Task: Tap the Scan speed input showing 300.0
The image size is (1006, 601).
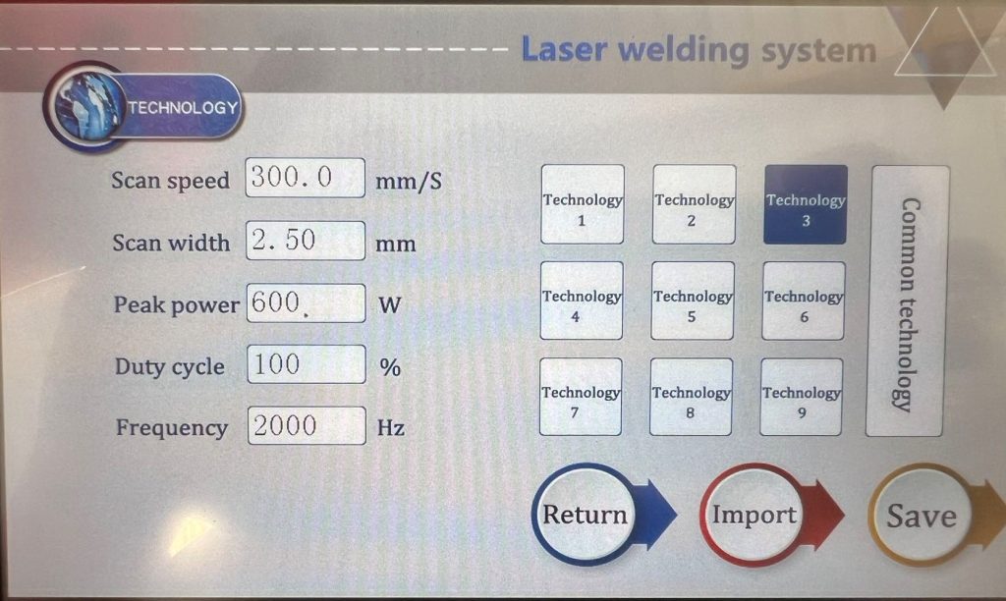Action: coord(305,178)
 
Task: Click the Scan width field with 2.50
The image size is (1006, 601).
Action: coord(306,241)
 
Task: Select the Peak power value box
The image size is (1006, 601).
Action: coord(307,302)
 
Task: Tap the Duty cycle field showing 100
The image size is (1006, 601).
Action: coord(307,364)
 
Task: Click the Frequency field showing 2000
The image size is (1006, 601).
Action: coord(307,425)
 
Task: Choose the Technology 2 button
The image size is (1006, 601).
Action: coord(694,204)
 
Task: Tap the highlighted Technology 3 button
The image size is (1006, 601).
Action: coord(806,204)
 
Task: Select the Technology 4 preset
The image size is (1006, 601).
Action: coord(582,300)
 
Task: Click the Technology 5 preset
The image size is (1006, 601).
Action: coord(693,300)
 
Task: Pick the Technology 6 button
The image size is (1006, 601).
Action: coord(804,300)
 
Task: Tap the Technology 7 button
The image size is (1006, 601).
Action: coord(580,397)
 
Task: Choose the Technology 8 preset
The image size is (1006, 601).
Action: coord(691,397)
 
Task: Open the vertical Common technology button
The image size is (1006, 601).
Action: coord(907,301)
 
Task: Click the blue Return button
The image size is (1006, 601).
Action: coord(603,515)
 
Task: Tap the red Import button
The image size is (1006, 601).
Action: coord(771,515)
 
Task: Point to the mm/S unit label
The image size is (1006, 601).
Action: coord(409,181)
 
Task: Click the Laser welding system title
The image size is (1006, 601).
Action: coord(699,49)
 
